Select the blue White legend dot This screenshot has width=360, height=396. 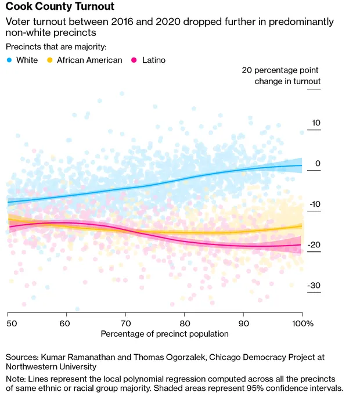[9, 60]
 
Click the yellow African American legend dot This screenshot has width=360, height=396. [50, 60]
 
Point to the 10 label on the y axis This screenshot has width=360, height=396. [316, 123]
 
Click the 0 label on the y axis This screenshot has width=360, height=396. [318, 164]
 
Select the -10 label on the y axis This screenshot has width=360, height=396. [315, 204]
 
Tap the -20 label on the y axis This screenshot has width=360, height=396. [315, 245]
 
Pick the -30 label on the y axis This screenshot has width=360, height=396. [315, 286]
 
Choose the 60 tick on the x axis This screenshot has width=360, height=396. [65, 322]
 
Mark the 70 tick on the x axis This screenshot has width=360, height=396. [125, 322]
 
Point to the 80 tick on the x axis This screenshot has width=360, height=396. [184, 322]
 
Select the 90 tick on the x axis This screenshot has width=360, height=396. [243, 322]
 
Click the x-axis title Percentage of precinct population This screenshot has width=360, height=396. [164, 334]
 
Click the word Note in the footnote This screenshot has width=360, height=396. [16, 378]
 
